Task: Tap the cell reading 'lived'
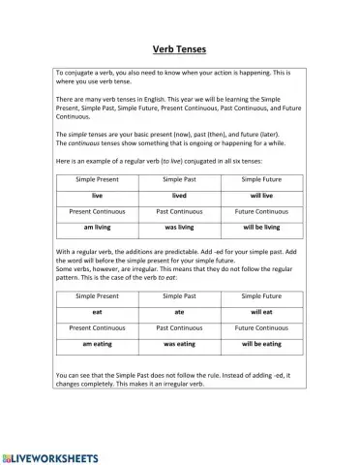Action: coord(179,195)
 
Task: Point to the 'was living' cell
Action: coord(179,226)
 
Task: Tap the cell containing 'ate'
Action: coord(179,313)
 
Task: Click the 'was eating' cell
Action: coord(179,344)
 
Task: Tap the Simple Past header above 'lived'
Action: coord(179,179)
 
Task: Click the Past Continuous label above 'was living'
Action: coord(179,210)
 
